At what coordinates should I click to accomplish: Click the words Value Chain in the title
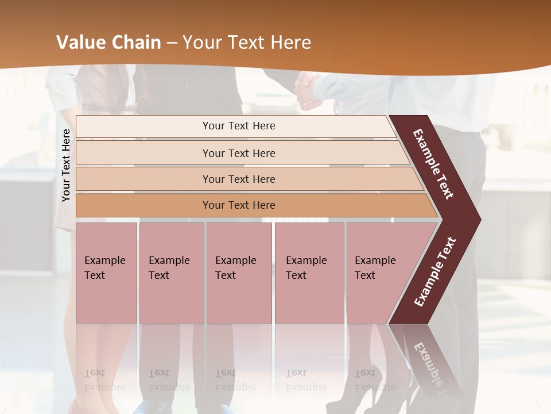[x=108, y=43]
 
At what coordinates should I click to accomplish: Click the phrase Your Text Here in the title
[x=247, y=43]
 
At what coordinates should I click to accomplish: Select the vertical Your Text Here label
[x=67, y=165]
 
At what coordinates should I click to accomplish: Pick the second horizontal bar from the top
[x=238, y=153]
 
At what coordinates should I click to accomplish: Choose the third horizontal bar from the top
[x=238, y=179]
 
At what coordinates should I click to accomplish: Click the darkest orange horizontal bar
[x=238, y=205]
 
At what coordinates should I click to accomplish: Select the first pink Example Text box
[x=106, y=273]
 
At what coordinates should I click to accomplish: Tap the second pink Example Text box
[x=171, y=273]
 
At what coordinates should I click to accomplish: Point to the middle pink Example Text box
[x=239, y=273]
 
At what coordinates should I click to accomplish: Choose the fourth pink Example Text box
[x=309, y=273]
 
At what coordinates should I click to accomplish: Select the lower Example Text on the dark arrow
[x=435, y=272]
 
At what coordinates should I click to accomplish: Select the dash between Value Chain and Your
[x=172, y=43]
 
